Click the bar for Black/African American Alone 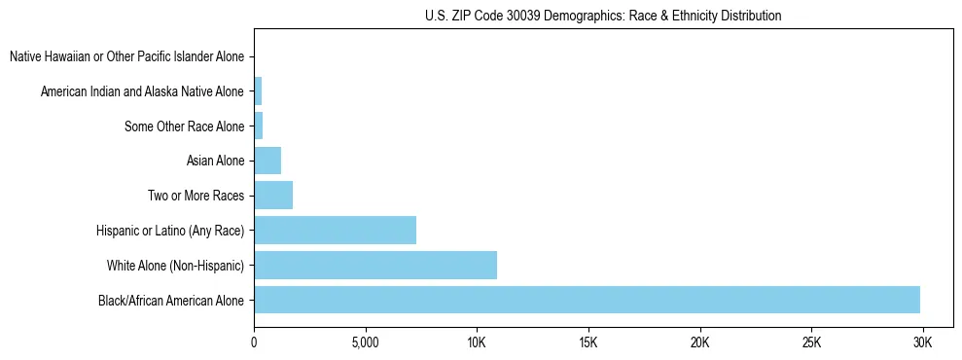[587, 300]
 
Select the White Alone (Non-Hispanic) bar [375, 265]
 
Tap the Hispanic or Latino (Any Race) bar [335, 230]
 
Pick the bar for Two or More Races [273, 196]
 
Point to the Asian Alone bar [267, 161]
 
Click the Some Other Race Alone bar [259, 126]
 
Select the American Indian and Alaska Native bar [258, 91]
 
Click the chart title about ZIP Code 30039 [603, 17]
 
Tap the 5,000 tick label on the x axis [365, 342]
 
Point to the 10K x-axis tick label [477, 342]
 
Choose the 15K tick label [588, 342]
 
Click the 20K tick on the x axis [700, 342]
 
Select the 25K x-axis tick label [812, 342]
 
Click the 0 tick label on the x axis [254, 342]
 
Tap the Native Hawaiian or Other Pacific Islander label [126, 56]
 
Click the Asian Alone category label [215, 161]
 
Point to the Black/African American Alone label [171, 300]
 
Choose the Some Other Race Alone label [185, 126]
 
